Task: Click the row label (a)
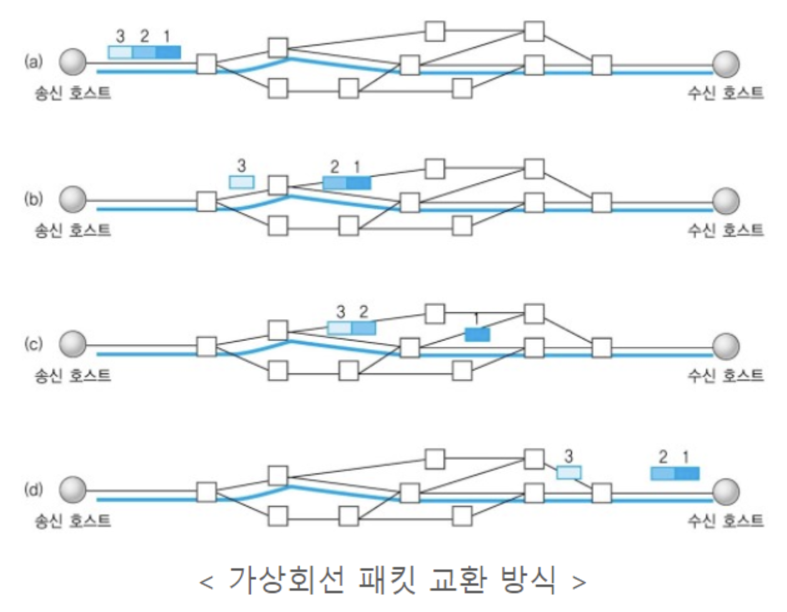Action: (33, 61)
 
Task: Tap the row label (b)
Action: (33, 200)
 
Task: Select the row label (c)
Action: (33, 344)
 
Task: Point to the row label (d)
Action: (33, 489)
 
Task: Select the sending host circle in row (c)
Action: (73, 345)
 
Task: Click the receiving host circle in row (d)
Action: (726, 491)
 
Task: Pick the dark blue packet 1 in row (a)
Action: (168, 52)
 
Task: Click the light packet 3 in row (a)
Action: (120, 52)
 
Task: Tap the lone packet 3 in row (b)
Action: (241, 182)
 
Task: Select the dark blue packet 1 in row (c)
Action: (477, 335)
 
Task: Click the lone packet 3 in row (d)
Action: (569, 473)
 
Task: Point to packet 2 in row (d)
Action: (663, 474)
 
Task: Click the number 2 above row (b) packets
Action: (335, 166)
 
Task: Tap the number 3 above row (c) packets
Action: (340, 312)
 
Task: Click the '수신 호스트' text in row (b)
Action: (726, 230)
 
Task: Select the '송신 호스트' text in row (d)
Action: (73, 520)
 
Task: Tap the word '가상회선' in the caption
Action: (286, 580)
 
